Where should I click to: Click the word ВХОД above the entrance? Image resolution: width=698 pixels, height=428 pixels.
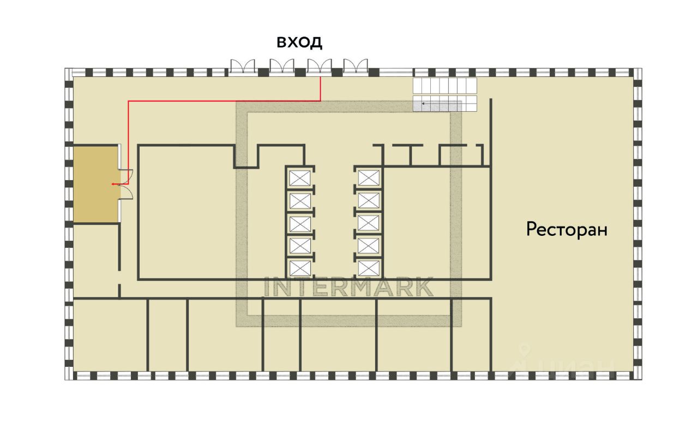click(299, 42)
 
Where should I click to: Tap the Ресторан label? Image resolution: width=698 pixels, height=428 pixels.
click(567, 229)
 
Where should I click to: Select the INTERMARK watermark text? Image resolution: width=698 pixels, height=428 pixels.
click(349, 287)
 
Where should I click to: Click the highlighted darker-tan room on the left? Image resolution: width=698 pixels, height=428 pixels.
click(96, 184)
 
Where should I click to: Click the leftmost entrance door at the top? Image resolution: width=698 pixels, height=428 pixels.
click(243, 67)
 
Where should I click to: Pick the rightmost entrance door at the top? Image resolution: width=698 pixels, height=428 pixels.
click(356, 67)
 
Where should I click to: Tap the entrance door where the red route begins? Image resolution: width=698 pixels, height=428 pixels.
click(320, 67)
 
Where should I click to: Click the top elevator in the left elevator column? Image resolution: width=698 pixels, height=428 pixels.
click(300, 178)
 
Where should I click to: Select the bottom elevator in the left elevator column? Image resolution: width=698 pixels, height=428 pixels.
click(300, 268)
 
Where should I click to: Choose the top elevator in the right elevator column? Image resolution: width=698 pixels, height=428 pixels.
click(369, 178)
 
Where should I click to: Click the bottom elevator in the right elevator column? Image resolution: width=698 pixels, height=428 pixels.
click(369, 268)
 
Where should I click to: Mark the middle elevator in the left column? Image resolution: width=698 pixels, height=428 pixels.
click(300, 223)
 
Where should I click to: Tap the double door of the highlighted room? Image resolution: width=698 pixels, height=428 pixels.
click(126, 185)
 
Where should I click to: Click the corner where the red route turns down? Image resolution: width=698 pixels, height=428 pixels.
click(128, 101)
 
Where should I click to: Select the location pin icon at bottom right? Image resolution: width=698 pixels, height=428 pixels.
click(525, 349)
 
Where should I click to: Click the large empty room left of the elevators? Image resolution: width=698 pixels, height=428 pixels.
click(185, 218)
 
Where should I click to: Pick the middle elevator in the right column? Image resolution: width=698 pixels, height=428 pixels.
click(369, 223)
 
